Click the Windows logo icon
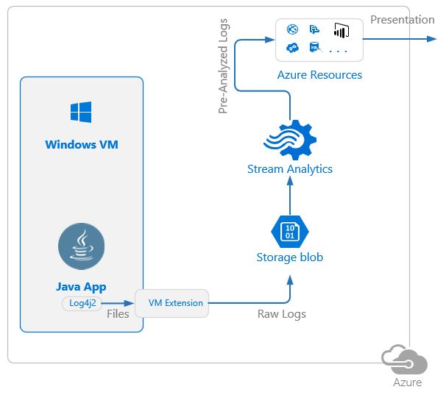[81, 112]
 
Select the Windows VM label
[81, 144]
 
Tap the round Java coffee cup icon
[81, 246]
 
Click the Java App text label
[81, 287]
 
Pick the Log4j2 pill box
[82, 302]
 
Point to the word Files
[118, 314]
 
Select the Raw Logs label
[281, 314]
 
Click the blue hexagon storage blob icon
[289, 231]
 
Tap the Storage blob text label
[289, 257]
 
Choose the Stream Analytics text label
[289, 169]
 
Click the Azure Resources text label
[319, 74]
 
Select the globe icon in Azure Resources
[292, 30]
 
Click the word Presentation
[402, 20]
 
